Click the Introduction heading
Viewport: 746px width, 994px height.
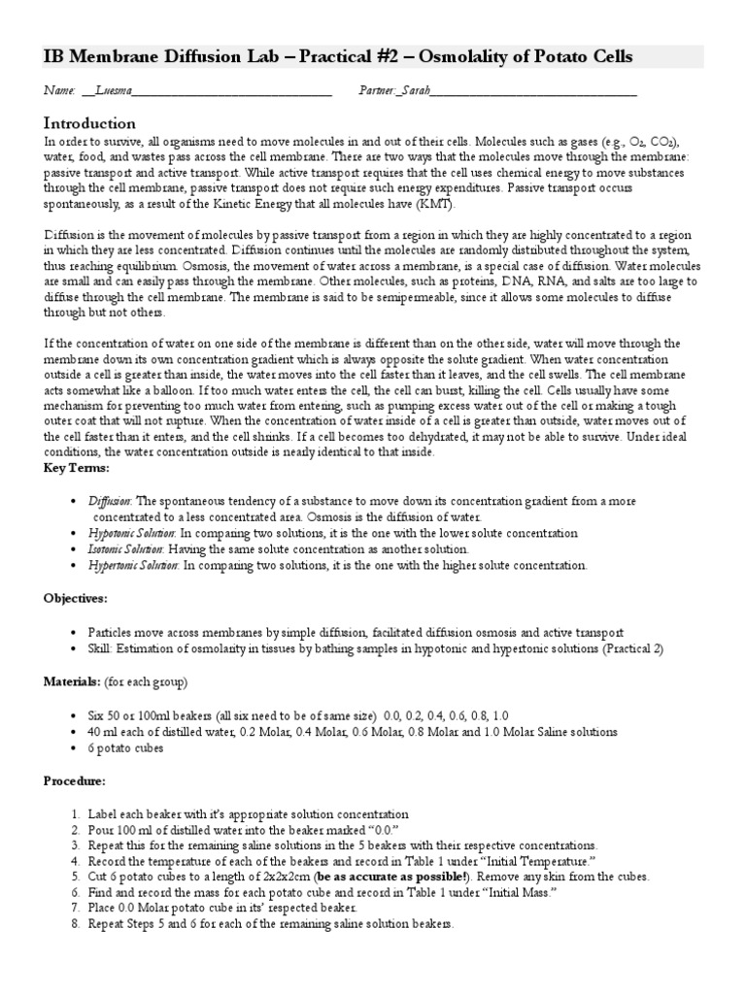pos(89,123)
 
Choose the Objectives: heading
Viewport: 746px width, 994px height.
pos(76,599)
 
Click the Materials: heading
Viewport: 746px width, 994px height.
pos(74,680)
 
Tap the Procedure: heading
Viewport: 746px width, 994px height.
pos(75,779)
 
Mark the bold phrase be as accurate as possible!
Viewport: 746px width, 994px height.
pos(399,877)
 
